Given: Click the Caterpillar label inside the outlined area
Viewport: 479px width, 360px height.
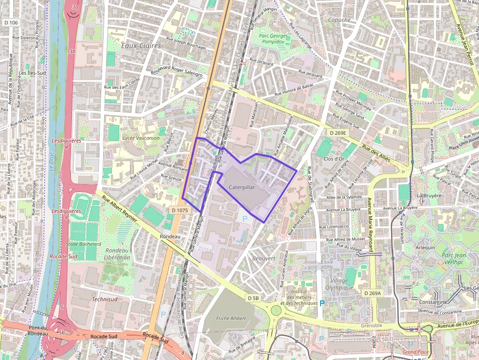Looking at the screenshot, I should click(x=241, y=187).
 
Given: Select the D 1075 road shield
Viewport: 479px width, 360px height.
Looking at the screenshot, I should click(x=179, y=210).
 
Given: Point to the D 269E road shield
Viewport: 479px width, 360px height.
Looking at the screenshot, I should click(x=337, y=133).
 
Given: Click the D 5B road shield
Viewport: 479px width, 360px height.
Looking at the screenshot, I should click(x=253, y=298).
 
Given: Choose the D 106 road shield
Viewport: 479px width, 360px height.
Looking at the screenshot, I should click(x=10, y=22).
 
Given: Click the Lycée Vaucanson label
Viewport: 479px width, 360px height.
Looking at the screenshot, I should click(x=141, y=138).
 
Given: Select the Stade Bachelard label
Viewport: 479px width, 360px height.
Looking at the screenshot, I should click(x=84, y=244).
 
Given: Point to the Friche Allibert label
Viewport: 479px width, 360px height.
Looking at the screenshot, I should click(x=231, y=318).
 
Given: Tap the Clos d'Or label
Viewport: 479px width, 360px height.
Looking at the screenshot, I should click(x=335, y=159).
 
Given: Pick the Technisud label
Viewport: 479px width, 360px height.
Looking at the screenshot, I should click(x=105, y=299).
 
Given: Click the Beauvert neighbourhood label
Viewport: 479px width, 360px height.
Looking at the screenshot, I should click(x=264, y=258).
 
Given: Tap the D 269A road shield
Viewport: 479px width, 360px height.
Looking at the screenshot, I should click(x=372, y=293).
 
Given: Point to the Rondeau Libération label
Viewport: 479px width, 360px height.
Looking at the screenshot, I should click(x=117, y=254).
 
